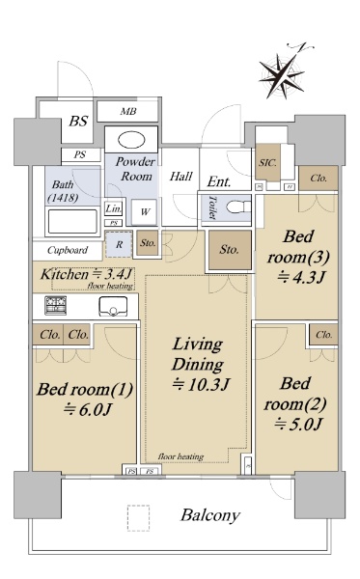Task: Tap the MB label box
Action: coord(127,111)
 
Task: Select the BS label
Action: coord(78,122)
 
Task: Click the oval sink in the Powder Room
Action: coord(131,140)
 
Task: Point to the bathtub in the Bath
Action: coord(72,222)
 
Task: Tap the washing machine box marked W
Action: coord(145,211)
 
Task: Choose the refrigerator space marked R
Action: coord(119,244)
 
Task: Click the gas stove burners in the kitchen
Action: coord(56,305)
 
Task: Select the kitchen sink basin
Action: coord(113,306)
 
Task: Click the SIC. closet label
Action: coord(267,162)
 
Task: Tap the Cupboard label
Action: coord(68,250)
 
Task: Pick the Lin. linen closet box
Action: coord(113,209)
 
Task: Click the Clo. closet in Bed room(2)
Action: coord(323,335)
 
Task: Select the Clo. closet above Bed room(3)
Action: coord(318,179)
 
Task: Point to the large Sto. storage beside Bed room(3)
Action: coord(230,250)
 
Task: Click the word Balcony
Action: coord(210,515)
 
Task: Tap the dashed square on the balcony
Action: coord(138,518)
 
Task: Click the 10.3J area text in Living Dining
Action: coord(201,384)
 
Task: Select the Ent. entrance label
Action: coord(219,181)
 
